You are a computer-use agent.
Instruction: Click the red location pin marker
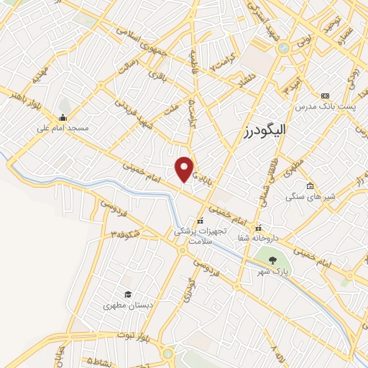click(x=185, y=168)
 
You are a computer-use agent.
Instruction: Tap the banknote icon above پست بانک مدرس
click(x=325, y=96)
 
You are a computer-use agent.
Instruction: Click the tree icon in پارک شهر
click(x=272, y=260)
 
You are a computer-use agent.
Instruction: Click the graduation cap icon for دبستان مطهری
click(x=127, y=294)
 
